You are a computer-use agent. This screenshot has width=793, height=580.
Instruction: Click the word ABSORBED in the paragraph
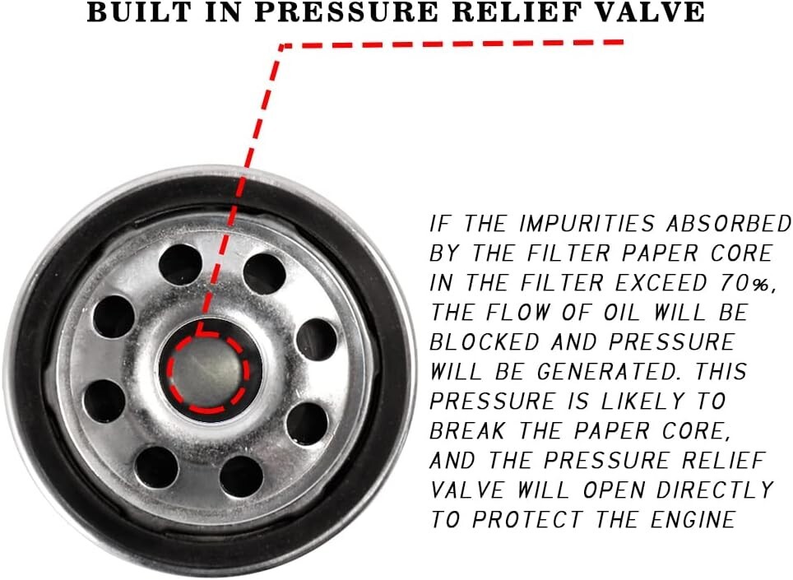(x=728, y=224)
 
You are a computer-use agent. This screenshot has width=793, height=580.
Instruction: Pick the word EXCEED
(x=660, y=283)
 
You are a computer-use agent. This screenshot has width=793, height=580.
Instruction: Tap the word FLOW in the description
(x=517, y=313)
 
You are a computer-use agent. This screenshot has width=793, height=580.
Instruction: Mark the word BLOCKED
(x=484, y=342)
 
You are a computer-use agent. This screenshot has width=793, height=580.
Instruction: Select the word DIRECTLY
(x=715, y=490)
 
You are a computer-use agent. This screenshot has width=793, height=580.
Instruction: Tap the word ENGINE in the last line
(x=693, y=520)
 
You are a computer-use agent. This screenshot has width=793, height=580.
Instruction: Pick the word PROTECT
(x=527, y=520)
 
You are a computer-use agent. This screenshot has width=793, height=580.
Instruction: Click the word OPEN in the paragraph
(x=614, y=490)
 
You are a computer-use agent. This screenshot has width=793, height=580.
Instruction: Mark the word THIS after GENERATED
(x=720, y=372)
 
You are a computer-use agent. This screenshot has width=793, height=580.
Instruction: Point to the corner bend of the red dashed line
(x=282, y=47)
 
